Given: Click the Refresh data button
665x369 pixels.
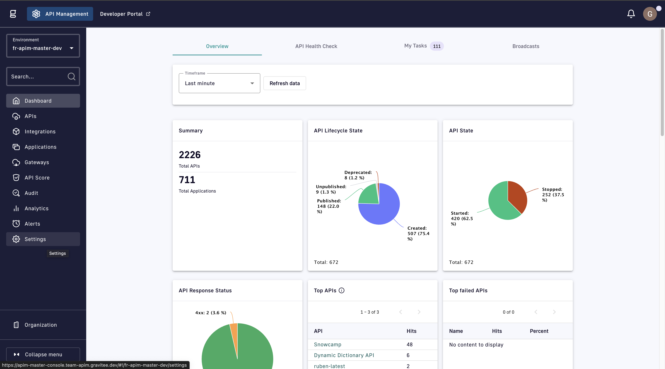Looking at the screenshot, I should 284,83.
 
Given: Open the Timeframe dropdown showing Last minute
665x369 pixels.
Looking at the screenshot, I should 219,83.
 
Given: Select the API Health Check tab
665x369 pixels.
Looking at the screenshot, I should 316,46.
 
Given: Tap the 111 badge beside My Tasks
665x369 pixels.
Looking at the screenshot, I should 437,46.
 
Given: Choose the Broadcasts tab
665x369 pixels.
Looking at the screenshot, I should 526,46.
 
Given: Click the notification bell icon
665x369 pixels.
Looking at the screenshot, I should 631,14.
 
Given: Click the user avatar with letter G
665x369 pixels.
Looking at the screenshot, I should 650,14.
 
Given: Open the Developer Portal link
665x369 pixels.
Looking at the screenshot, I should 125,14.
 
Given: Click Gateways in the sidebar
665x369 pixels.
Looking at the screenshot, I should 37,162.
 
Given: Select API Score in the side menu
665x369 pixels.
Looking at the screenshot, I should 37,178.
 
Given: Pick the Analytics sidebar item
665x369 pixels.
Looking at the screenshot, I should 36,208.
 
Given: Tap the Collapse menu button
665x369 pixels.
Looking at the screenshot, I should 43,354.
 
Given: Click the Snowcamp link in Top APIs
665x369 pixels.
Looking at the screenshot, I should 327,345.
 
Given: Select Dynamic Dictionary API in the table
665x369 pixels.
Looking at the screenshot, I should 344,355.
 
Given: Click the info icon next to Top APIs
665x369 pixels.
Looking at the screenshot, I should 342,290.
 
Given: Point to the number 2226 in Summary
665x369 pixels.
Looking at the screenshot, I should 190,155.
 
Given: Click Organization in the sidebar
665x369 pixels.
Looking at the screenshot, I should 41,325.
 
